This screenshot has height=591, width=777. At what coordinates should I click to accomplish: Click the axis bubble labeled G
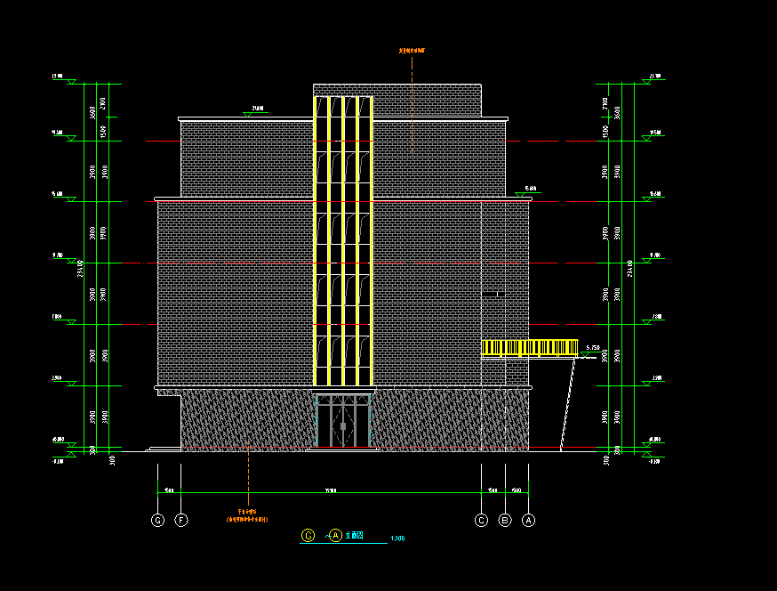158,520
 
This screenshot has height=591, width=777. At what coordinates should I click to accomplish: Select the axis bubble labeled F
181,520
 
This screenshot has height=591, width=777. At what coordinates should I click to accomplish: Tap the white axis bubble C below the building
482,520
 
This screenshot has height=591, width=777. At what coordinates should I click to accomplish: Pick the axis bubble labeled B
505,520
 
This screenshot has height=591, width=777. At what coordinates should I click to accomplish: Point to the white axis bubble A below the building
528,520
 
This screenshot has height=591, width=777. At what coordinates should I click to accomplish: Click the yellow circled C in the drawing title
308,535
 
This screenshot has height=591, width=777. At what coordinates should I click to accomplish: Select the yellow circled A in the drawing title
335,535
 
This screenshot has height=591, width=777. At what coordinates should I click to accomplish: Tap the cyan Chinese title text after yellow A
356,536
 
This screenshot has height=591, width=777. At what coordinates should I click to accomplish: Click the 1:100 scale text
397,538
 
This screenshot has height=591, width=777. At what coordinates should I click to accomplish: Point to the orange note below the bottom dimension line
247,515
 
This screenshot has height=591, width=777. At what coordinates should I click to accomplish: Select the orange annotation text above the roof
412,52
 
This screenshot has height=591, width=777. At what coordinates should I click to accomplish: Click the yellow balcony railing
529,348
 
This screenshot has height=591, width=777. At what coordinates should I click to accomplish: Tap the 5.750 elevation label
594,348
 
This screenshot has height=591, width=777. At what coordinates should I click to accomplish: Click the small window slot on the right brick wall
493,293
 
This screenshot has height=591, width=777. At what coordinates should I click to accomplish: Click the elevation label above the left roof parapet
257,109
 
